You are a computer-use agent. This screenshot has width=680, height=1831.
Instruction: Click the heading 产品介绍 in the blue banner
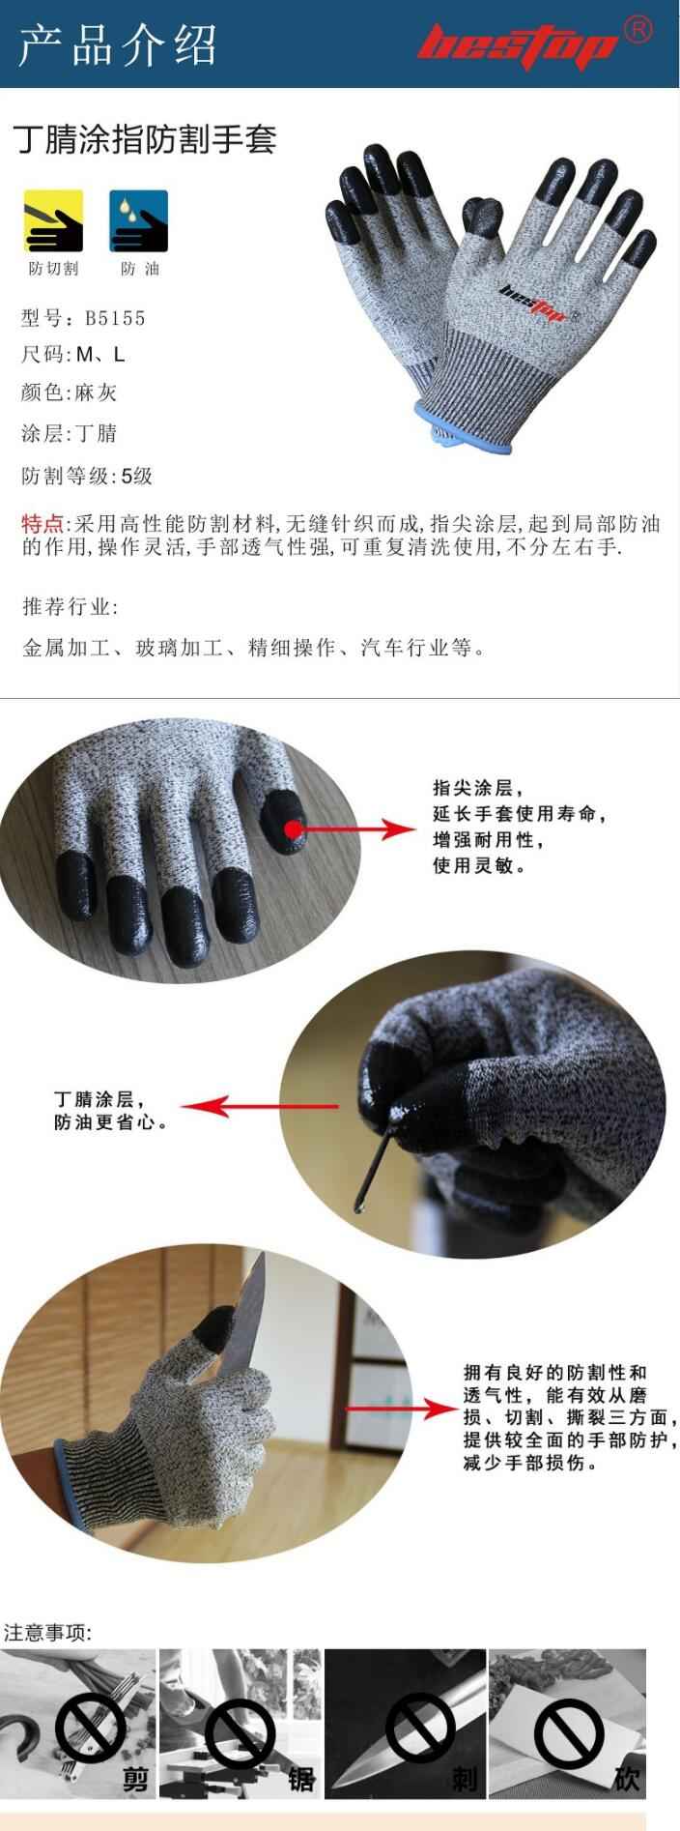117,45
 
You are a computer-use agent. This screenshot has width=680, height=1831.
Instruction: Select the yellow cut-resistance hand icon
52,221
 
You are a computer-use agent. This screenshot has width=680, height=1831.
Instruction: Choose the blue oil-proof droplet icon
138,221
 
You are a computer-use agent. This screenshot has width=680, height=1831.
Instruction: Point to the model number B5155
115,318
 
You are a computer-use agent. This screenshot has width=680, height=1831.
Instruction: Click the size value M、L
100,355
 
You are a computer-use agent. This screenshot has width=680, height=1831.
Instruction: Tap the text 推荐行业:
70,607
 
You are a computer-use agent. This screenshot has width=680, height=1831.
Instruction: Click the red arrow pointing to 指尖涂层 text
357,828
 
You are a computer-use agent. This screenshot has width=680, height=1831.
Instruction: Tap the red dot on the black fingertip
293,828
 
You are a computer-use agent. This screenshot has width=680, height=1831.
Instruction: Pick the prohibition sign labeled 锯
241,1729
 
